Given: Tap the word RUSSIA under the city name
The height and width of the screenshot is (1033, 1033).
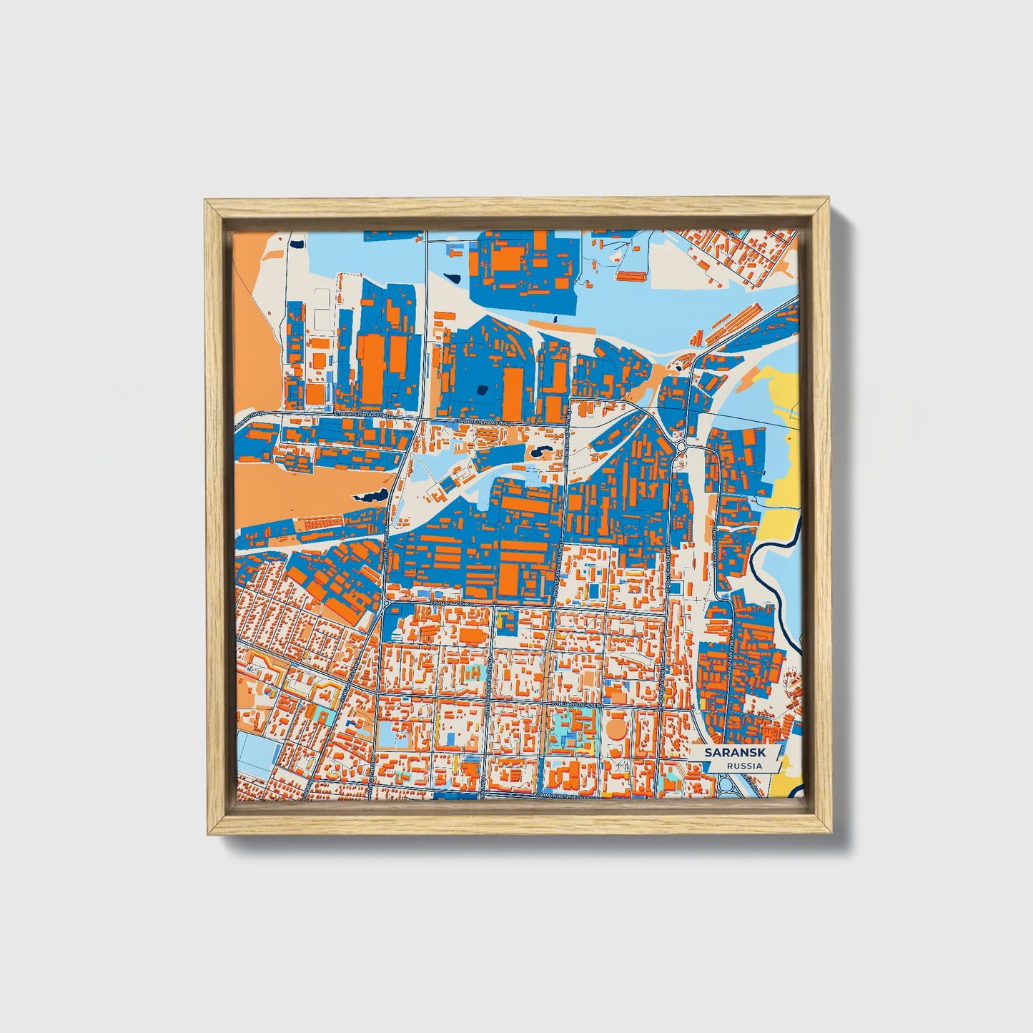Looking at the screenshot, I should point(743,766).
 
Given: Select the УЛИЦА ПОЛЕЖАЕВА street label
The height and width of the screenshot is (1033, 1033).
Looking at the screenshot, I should point(576,704).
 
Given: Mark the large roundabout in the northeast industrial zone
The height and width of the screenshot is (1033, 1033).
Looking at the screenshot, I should point(681,447).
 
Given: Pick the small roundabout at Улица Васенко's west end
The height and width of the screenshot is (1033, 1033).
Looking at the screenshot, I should point(386,604).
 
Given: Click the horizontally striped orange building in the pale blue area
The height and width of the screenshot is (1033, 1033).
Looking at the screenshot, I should point(631,275).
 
